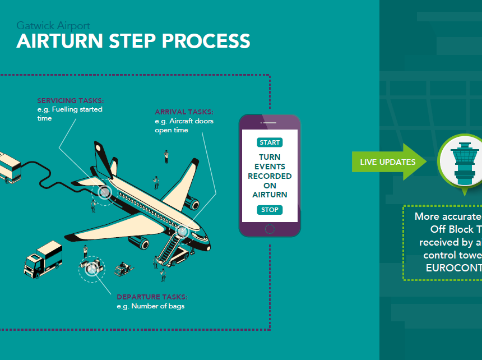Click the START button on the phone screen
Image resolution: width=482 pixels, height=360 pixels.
tap(270, 142)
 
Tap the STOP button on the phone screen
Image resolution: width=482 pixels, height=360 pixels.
tap(270, 210)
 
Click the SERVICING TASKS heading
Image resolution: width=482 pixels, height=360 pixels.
tap(71, 101)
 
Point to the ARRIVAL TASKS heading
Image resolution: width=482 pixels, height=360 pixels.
tap(184, 112)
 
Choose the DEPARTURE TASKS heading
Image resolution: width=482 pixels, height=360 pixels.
tap(152, 297)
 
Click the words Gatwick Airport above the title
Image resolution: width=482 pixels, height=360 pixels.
tap(53, 26)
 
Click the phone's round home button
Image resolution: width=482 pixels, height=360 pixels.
tap(270, 229)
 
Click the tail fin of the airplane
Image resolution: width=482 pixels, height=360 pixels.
tap(103, 156)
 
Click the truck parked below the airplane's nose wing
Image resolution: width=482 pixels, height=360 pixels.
tap(43, 258)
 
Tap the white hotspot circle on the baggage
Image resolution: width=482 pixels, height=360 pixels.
tap(91, 269)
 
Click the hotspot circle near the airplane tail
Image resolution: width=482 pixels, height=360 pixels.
tap(104, 192)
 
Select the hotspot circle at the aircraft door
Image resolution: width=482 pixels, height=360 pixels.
tap(182, 230)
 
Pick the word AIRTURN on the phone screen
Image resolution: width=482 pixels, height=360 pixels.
tap(270, 195)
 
